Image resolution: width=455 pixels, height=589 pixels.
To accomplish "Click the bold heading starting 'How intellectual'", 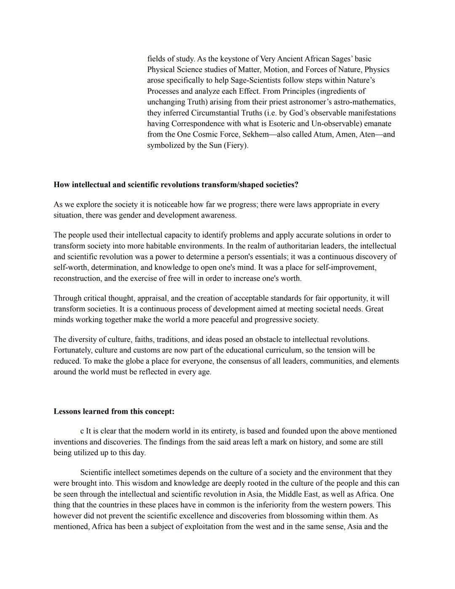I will [x=176, y=185].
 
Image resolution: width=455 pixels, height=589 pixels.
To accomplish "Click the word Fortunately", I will [x=73, y=350].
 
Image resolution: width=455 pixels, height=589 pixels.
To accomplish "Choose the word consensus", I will [x=236, y=361].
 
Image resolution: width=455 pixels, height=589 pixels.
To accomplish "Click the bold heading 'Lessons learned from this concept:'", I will [x=114, y=411].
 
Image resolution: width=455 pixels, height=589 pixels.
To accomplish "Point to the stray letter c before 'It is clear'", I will [x=82, y=431].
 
